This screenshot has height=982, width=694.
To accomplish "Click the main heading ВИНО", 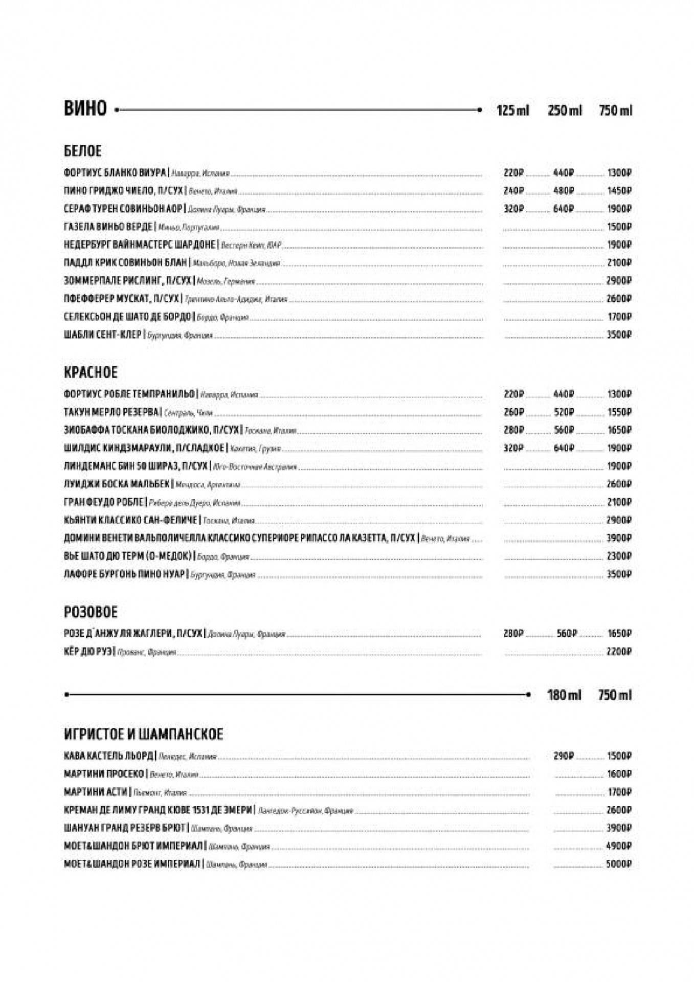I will pos(85,109).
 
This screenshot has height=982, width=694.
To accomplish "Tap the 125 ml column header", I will pos(512,110).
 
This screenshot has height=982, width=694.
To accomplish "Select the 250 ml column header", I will pos(565,110).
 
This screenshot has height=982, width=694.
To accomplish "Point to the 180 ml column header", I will pos(564,695).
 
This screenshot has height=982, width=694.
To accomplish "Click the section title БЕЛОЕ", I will pos(83,151).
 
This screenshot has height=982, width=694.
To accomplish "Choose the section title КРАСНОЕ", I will pos(91,372).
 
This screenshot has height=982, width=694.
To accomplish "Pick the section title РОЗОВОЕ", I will pos(91,612).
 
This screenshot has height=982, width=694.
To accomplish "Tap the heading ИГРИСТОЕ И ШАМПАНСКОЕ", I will pos(143,734).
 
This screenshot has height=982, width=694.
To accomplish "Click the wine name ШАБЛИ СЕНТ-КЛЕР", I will pos(102,335).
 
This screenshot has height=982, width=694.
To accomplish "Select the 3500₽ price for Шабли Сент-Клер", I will pos(619,335).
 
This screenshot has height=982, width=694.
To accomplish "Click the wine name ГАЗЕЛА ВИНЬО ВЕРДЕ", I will pos(108,227).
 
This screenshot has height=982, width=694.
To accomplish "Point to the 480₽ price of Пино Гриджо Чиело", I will pos(564,191).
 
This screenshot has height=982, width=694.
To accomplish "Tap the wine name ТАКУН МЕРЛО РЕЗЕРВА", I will pos(111,412).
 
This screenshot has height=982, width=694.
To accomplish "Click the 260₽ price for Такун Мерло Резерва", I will pos(513,412).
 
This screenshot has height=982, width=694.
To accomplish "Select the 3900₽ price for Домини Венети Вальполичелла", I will pos(619,538).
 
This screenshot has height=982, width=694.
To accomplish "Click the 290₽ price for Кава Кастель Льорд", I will pos(564,756).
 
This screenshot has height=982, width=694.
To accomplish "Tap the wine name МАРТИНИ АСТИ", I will pos(95,792).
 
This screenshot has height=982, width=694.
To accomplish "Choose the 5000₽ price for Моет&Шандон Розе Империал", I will pos(619,864).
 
